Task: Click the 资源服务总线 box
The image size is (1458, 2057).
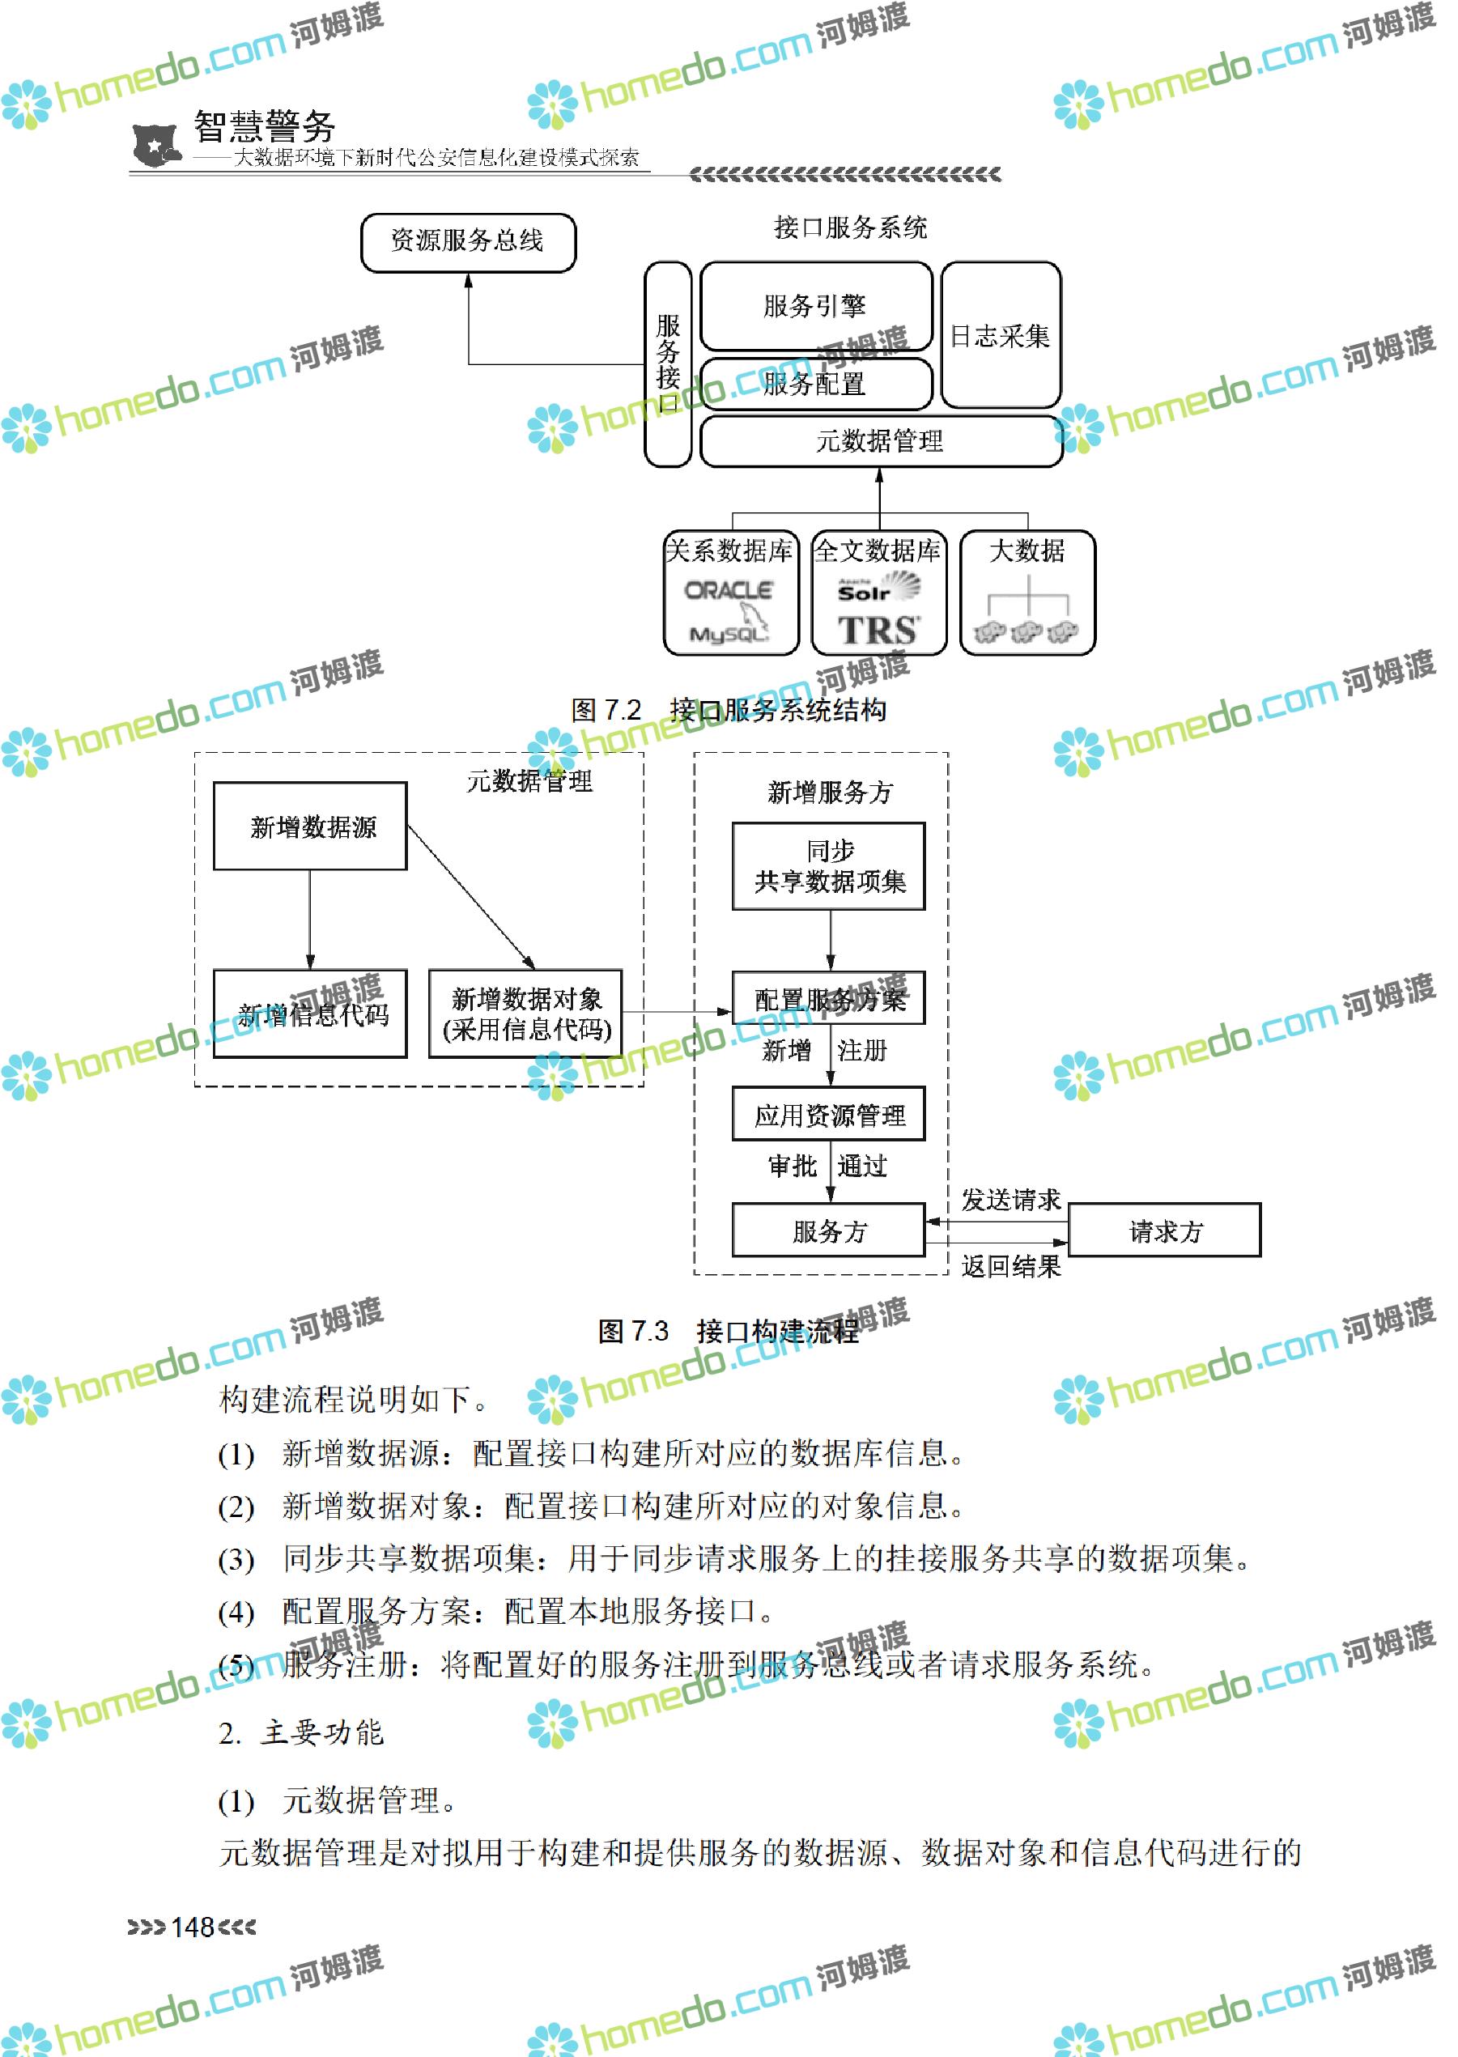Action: (468, 242)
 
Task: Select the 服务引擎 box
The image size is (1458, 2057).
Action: (815, 306)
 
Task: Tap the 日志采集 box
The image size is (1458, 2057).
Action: (1000, 336)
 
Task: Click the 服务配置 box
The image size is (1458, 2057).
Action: (815, 385)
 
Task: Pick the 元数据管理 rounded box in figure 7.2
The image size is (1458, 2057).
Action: (880, 441)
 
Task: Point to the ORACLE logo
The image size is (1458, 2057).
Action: (728, 591)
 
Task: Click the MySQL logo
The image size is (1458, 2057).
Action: (729, 632)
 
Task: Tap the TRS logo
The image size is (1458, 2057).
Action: (878, 631)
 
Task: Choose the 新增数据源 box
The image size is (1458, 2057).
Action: (311, 826)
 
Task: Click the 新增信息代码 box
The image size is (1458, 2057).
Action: (311, 1014)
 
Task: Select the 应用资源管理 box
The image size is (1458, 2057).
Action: (829, 1116)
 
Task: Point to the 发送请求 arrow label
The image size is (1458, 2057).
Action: (1011, 1200)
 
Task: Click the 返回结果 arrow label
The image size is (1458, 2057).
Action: (1011, 1266)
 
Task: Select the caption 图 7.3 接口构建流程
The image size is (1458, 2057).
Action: (728, 1331)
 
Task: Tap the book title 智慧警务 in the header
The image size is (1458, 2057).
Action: (265, 125)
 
